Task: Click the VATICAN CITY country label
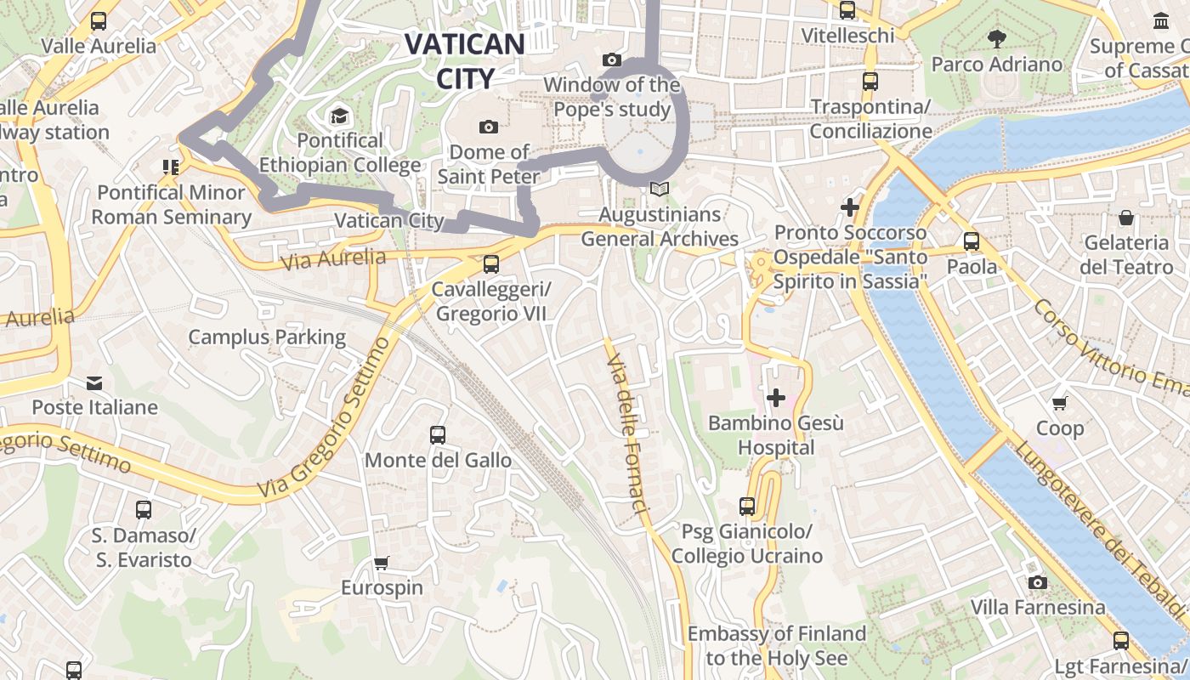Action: pyautogui.click(x=464, y=60)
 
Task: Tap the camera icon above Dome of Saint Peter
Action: pyautogui.click(x=488, y=127)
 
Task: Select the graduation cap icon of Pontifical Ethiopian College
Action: pyautogui.click(x=339, y=116)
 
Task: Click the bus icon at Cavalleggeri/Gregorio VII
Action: pyautogui.click(x=490, y=264)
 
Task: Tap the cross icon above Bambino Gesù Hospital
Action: pyautogui.click(x=775, y=397)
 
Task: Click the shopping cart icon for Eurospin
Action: pyautogui.click(x=382, y=563)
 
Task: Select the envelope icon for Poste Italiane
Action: pyautogui.click(x=94, y=382)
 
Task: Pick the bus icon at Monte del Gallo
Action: pyautogui.click(x=438, y=435)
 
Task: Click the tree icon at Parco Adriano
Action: pyautogui.click(x=997, y=38)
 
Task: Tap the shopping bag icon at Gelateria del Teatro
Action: pyautogui.click(x=1126, y=218)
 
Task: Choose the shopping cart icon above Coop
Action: pyautogui.click(x=1059, y=403)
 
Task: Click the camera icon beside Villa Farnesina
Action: pyautogui.click(x=1037, y=582)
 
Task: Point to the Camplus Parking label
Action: pyautogui.click(x=267, y=337)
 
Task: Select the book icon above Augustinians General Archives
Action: pyautogui.click(x=660, y=189)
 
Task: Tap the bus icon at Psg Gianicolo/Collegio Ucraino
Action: pyautogui.click(x=747, y=507)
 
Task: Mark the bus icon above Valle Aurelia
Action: pyautogui.click(x=99, y=21)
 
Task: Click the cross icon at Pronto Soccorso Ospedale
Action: pyautogui.click(x=849, y=207)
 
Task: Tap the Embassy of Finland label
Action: pyautogui.click(x=776, y=646)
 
